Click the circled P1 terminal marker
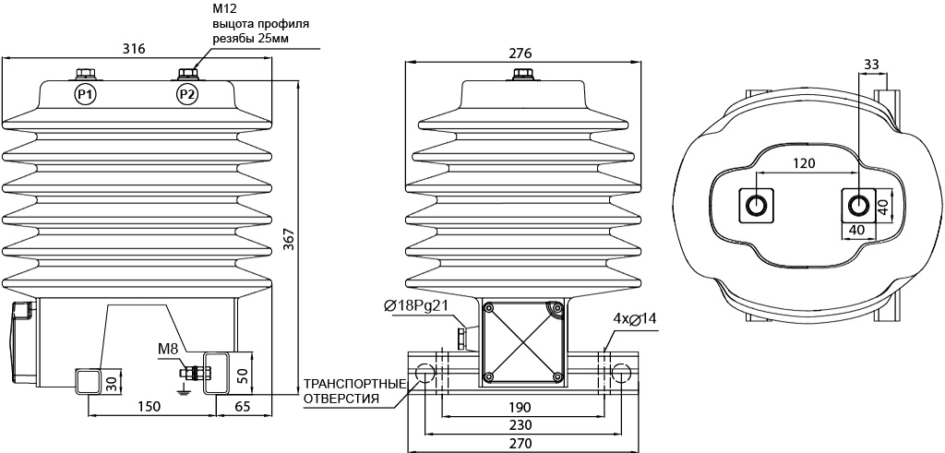coord(86,94)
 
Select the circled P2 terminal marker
coord(187,94)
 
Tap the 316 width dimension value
coord(134,49)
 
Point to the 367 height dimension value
coord(289,240)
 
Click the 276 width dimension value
coord(520,53)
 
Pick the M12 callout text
coord(223,9)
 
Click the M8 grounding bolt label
coord(168,350)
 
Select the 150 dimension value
coord(150,407)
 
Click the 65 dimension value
coord(242,407)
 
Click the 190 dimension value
coord(522,407)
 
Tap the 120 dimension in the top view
coord(804,163)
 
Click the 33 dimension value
coord(871,64)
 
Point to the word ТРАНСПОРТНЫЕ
coord(353,384)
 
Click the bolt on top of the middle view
coord(522,76)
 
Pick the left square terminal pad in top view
coord(757,206)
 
